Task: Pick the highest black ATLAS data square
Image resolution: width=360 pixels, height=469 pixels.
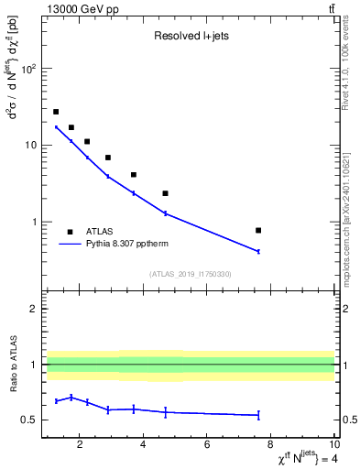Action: pos(56,112)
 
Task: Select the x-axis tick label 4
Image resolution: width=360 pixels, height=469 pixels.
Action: pos(144,446)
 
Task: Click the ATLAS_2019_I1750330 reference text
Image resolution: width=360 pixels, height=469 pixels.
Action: pos(190,274)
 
